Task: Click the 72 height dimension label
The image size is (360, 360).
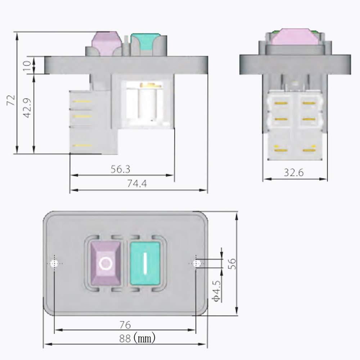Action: (11, 100)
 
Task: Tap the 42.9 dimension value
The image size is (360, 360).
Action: (28, 108)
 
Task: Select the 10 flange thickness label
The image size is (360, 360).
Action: (27, 66)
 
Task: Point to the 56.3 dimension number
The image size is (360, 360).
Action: (120, 169)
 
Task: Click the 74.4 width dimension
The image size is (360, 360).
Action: (137, 184)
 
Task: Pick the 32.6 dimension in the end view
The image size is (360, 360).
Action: (294, 172)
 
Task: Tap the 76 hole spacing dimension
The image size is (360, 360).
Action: (125, 325)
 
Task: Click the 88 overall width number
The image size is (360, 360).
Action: (125, 338)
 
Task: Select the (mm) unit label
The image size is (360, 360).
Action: (144, 338)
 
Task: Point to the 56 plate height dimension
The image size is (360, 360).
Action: (232, 264)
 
